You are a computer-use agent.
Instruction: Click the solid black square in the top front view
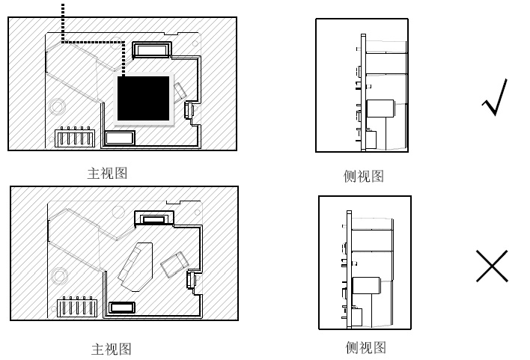[x=143, y=98]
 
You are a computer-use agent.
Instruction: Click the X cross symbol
[x=492, y=266]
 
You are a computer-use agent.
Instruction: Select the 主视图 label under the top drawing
[x=107, y=173]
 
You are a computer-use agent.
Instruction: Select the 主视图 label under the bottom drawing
[x=112, y=349]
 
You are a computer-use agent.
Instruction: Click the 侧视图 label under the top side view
[x=363, y=176]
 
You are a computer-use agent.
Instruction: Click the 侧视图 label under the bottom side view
[x=365, y=347]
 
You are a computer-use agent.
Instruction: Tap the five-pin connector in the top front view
[x=75, y=137]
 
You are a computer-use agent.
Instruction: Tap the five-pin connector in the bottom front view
[x=77, y=307]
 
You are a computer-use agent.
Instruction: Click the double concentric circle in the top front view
[x=57, y=106]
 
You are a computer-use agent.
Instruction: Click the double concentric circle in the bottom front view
[x=59, y=275]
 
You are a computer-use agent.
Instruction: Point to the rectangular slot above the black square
[x=152, y=50]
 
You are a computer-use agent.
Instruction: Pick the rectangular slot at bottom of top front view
[x=119, y=138]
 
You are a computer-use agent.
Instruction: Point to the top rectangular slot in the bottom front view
[x=154, y=219]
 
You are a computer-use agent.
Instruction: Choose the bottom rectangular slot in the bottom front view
[x=122, y=308]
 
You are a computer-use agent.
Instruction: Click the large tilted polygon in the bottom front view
[x=136, y=266]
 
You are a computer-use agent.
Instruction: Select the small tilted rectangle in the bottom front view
[x=174, y=264]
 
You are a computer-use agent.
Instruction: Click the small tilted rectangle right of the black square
[x=180, y=91]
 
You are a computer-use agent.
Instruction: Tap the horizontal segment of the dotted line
[x=94, y=42]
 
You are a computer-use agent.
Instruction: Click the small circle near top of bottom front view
[x=118, y=212]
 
